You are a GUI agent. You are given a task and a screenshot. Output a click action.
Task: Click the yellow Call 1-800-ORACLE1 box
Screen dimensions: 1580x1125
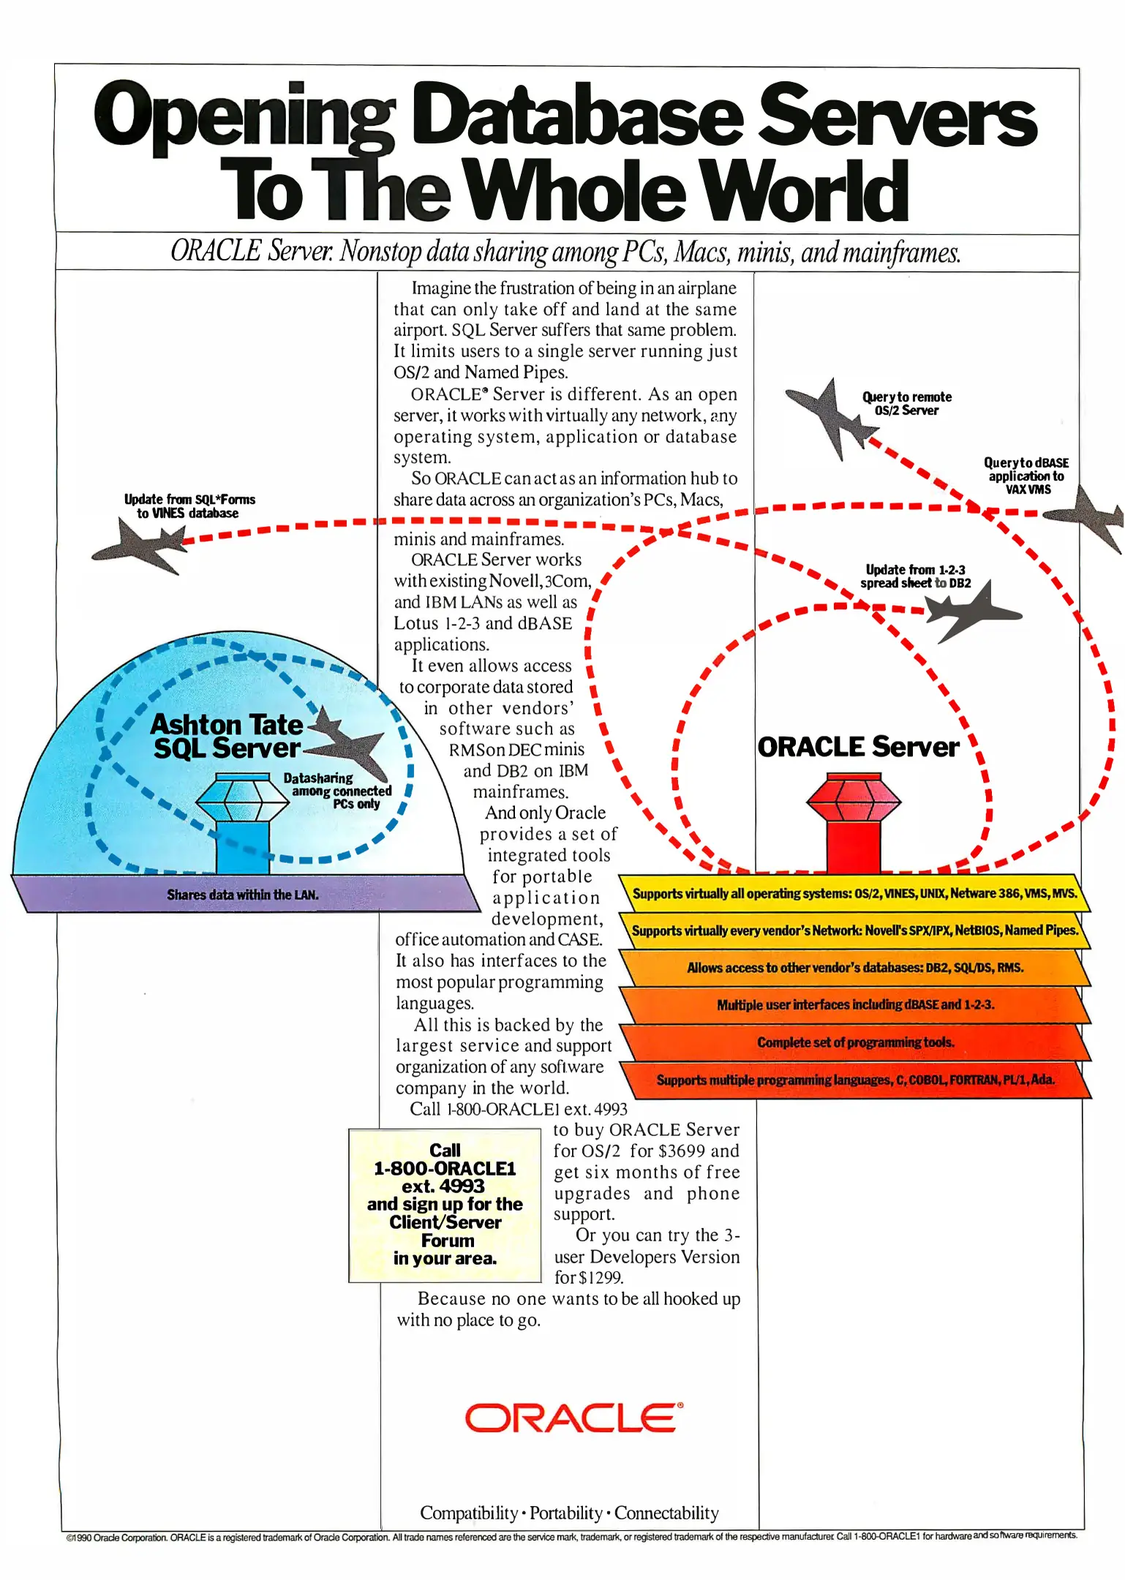click(445, 1204)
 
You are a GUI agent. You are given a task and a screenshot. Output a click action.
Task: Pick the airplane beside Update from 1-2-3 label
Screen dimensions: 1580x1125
click(969, 609)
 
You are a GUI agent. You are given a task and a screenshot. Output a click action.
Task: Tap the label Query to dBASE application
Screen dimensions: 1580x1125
click(1026, 475)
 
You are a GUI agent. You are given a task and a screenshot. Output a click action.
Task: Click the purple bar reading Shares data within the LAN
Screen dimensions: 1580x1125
click(243, 894)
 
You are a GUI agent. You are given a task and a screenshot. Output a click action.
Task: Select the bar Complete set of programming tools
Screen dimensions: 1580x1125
click(855, 1042)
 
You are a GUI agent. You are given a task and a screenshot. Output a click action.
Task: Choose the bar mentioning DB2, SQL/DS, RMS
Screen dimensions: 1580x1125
click(854, 968)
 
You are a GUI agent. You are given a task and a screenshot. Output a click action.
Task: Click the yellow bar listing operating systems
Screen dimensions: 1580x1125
click(854, 893)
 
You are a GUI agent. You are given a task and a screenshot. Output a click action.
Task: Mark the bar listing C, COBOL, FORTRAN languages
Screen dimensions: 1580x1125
click(855, 1080)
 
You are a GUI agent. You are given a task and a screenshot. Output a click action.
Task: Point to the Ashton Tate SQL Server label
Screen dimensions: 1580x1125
click(227, 736)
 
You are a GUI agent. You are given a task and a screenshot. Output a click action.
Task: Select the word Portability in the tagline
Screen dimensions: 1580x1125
click(565, 1513)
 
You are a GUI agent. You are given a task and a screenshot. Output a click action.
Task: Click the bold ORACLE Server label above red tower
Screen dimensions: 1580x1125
click(857, 747)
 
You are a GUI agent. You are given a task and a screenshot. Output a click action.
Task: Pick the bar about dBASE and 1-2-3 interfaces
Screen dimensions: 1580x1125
click(854, 1005)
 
